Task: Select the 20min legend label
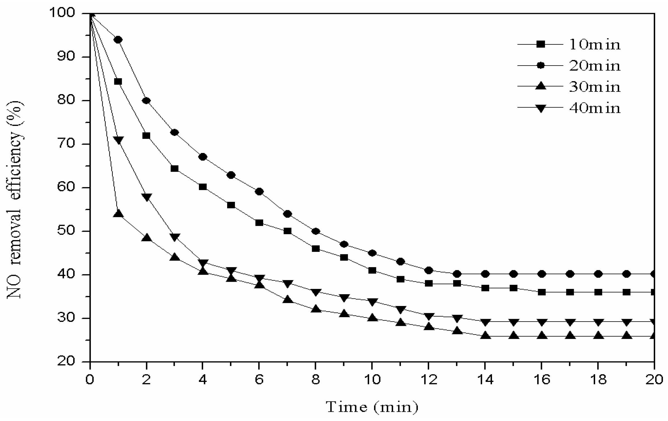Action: click(594, 66)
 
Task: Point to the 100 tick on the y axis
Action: click(66, 13)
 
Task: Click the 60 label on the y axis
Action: click(66, 187)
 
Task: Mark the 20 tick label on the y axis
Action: click(66, 361)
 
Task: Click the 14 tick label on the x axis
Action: click(485, 380)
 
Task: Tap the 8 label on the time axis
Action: click(316, 380)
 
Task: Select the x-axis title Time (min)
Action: click(372, 407)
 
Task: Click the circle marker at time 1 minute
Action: click(118, 40)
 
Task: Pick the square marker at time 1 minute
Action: click(118, 82)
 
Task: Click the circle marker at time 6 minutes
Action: click(259, 192)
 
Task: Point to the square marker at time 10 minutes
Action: click(372, 270)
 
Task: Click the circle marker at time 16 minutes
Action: click(542, 274)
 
